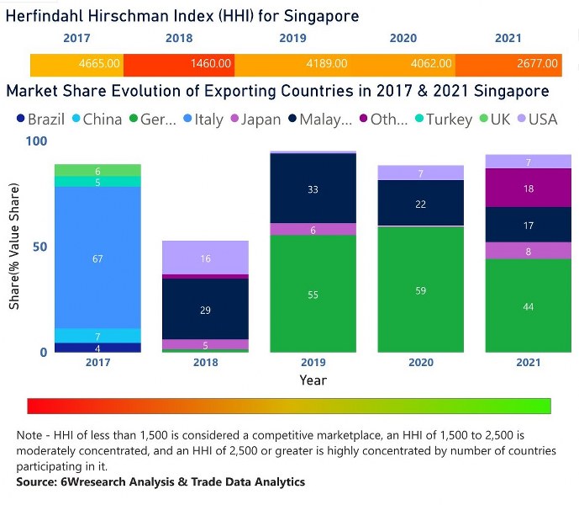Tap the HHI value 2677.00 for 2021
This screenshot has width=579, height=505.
[x=538, y=63]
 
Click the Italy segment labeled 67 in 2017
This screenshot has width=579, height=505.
[x=97, y=258]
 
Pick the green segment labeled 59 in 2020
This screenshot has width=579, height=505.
[x=422, y=290]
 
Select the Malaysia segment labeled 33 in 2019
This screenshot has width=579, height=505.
[x=313, y=189]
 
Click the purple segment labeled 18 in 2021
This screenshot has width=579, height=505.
[x=528, y=189]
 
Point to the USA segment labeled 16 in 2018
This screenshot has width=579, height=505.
[x=205, y=258]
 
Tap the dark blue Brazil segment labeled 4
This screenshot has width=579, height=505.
[x=97, y=348]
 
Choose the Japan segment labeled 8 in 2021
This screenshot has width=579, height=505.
[x=528, y=250]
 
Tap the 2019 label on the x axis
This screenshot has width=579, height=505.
[x=313, y=363]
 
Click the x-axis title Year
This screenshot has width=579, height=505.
[x=313, y=380]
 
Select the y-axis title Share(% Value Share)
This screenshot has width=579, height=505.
[x=14, y=247]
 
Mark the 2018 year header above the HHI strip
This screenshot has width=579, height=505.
[x=179, y=39]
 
